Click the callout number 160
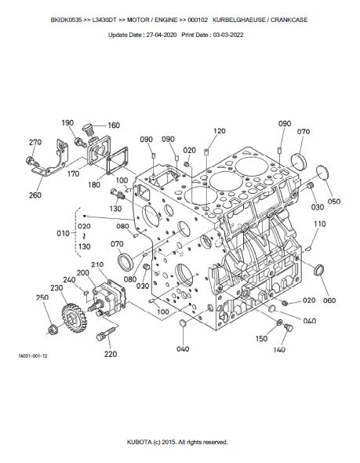click(x=114, y=126)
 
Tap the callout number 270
click(x=35, y=142)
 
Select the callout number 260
click(x=35, y=195)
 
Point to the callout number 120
click(x=220, y=131)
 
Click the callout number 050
click(x=334, y=202)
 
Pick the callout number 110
click(x=319, y=224)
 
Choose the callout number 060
click(x=329, y=301)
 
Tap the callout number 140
click(x=279, y=350)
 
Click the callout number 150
click(x=261, y=339)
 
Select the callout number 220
click(x=111, y=354)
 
